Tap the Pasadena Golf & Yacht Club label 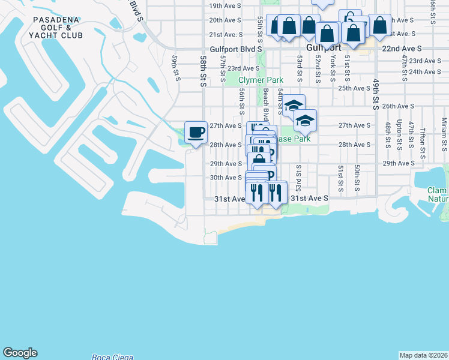click(x=56, y=28)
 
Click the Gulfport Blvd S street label click(x=237, y=49)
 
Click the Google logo click(x=20, y=353)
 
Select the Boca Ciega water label click(x=112, y=358)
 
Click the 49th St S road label click(x=376, y=94)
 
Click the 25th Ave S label click(x=354, y=88)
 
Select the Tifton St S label click(x=423, y=140)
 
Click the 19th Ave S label click(x=225, y=6)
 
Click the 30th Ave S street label click(x=225, y=178)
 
